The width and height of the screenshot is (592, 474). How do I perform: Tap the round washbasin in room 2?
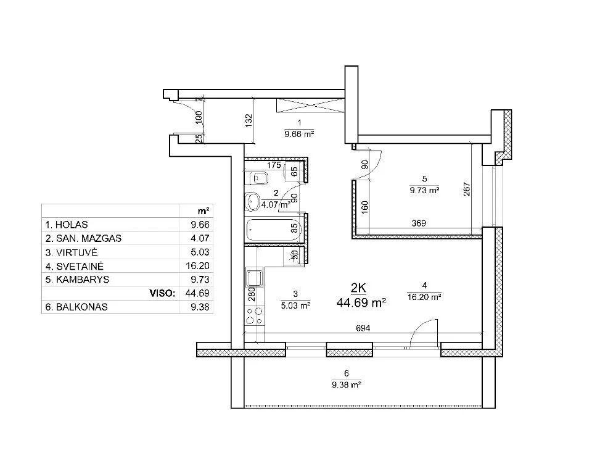click(252, 201)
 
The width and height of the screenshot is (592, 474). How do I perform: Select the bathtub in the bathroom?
click(274, 230)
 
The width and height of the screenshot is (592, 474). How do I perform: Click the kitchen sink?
click(255, 278)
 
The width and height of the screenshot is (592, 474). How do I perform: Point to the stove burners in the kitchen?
click(254, 315)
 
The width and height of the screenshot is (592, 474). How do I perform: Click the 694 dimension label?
click(363, 328)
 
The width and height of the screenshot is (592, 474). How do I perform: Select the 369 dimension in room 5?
click(419, 223)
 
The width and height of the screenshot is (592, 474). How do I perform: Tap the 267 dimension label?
click(467, 189)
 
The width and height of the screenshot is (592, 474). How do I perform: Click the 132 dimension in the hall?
click(249, 121)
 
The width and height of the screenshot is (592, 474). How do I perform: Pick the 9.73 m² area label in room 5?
click(424, 190)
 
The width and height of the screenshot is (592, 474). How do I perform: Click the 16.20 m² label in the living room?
click(424, 297)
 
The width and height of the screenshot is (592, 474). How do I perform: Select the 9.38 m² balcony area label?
click(347, 385)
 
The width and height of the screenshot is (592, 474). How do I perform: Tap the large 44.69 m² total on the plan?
click(361, 302)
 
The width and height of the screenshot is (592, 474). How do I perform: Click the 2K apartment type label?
click(358, 288)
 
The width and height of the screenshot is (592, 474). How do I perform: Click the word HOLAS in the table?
click(72, 225)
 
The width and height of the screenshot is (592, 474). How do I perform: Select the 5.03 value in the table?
click(200, 252)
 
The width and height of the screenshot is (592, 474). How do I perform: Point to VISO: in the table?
click(162, 293)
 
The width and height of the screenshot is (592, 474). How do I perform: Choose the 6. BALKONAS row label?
click(76, 307)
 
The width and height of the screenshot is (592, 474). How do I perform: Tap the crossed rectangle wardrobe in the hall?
click(310, 106)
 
